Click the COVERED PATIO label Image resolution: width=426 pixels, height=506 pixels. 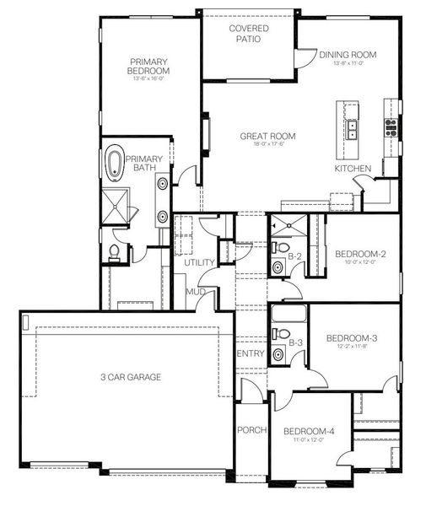[250, 34]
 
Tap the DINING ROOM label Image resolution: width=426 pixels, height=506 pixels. [348, 55]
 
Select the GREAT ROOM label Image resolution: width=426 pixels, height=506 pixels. [268, 136]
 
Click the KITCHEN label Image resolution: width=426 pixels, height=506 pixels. [353, 169]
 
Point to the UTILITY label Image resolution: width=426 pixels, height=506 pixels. [201, 264]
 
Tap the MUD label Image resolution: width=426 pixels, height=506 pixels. [197, 291]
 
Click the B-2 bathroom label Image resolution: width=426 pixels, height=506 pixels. [295, 256]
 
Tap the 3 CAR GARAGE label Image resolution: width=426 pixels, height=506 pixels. [128, 377]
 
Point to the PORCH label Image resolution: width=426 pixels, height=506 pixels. [252, 430]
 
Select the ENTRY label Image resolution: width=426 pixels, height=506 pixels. [252, 353]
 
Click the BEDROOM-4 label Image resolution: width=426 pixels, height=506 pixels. [308, 431]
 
